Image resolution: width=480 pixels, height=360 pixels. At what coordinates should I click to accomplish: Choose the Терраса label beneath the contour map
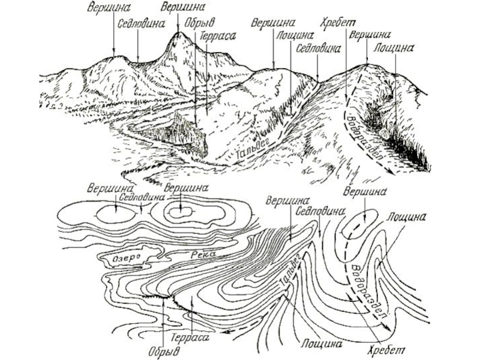tap(190, 339)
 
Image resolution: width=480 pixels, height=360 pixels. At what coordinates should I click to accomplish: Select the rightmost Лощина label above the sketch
tap(394, 46)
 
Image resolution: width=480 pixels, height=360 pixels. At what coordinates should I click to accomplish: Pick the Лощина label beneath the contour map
tap(322, 344)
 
